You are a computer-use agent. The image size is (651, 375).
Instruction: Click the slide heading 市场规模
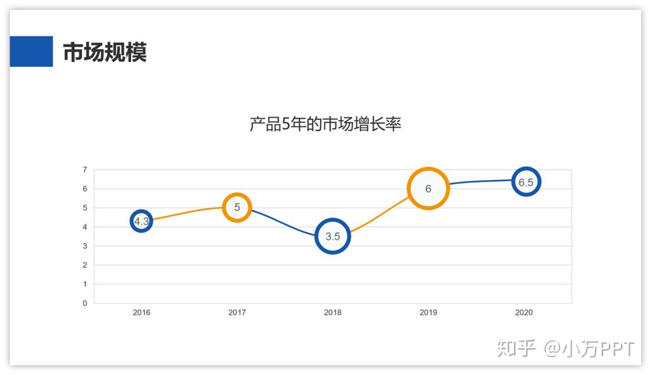coord(104,52)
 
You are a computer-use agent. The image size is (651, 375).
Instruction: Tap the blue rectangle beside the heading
coord(31,51)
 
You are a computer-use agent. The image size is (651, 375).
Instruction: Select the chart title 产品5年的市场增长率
coord(325,124)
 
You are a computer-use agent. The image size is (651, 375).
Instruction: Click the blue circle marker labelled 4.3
coord(141,222)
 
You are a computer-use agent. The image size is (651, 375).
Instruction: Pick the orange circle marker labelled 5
coord(237,207)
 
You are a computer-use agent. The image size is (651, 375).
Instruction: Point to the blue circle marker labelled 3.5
coord(332,236)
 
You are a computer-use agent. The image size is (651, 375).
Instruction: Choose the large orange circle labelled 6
coord(428,189)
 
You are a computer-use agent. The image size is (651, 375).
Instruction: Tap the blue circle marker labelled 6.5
coord(526,182)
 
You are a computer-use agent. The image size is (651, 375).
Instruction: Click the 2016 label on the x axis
coord(141,312)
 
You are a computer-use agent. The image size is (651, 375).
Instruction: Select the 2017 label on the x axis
coord(237,312)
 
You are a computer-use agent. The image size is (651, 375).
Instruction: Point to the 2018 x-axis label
coord(332,312)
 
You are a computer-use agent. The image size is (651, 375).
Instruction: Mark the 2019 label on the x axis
coord(428,312)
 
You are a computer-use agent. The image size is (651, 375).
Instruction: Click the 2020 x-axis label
coord(524,312)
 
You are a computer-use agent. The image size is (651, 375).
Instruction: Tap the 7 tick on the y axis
coord(85,170)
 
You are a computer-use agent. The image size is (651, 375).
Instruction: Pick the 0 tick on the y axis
coord(85,303)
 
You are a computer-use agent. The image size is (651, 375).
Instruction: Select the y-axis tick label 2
coord(85,265)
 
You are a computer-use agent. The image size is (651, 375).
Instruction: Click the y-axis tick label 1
coord(85,284)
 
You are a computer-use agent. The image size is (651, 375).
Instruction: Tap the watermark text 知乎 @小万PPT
coord(566,349)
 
